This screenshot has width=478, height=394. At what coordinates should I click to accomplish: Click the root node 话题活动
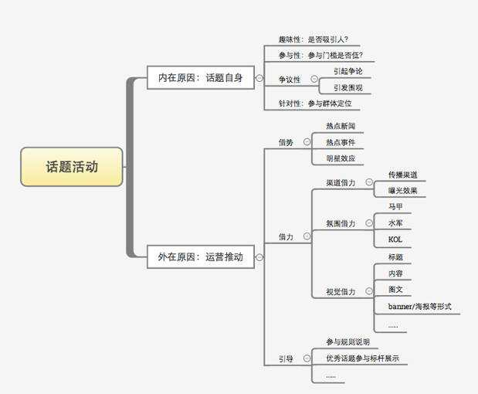[72, 167]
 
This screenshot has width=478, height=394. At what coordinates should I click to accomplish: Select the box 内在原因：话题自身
[200, 77]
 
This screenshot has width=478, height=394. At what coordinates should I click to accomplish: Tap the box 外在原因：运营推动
[200, 257]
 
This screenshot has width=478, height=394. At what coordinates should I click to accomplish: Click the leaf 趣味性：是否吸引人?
[318, 39]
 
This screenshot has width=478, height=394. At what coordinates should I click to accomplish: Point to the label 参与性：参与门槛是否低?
[320, 56]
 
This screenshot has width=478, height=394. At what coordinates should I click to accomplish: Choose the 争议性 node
[290, 80]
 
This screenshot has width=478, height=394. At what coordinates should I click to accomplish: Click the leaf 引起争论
[347, 71]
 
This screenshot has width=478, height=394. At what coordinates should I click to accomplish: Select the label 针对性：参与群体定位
[318, 103]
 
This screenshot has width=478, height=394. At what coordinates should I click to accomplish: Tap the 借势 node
[286, 142]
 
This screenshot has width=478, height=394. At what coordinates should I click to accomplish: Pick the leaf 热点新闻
[341, 126]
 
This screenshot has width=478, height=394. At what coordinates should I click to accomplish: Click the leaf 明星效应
[341, 158]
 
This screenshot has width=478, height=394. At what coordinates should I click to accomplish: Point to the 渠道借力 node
[341, 183]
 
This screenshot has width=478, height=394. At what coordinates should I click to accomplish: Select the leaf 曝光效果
[403, 191]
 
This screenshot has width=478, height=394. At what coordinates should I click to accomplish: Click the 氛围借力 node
[341, 223]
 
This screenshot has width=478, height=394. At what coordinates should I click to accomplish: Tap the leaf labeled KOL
[395, 239]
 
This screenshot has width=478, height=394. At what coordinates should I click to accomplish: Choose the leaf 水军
[395, 223]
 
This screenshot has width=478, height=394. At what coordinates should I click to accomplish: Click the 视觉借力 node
[341, 292]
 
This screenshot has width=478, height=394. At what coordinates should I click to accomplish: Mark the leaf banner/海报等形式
[419, 307]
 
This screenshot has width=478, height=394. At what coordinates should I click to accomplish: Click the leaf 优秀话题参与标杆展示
[362, 358]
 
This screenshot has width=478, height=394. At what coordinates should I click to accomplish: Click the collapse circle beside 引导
[307, 358]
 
